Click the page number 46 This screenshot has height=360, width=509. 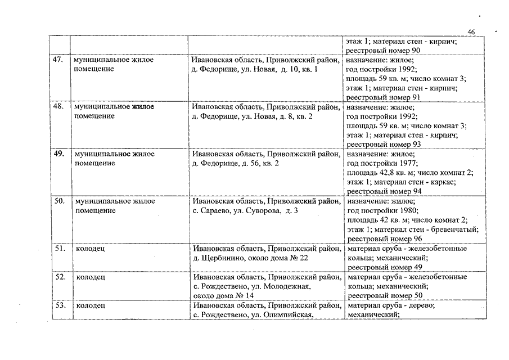471,32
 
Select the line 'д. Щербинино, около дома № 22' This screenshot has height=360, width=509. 250,258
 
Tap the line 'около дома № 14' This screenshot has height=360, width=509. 223,296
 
